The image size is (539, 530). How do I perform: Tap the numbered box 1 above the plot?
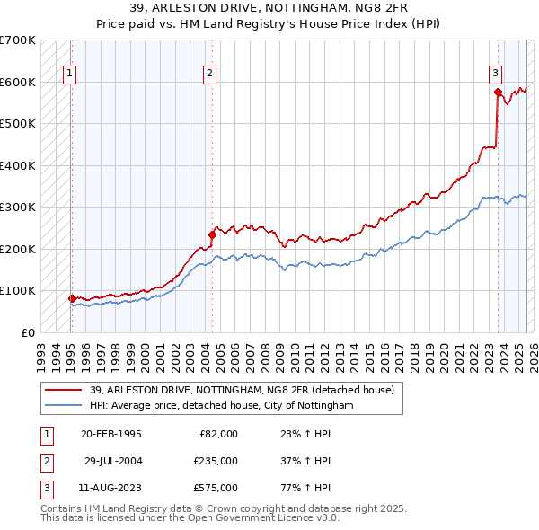70,75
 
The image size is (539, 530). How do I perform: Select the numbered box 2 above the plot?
209,75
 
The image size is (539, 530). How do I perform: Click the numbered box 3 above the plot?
495,75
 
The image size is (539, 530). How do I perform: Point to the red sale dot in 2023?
498,91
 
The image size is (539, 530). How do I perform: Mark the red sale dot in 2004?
212,234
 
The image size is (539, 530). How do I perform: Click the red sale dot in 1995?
72,298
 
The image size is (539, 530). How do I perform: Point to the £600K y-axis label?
18,83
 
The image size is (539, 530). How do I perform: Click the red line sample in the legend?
64,389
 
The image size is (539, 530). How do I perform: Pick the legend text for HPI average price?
221,405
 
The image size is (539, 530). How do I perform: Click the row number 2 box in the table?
45,461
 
